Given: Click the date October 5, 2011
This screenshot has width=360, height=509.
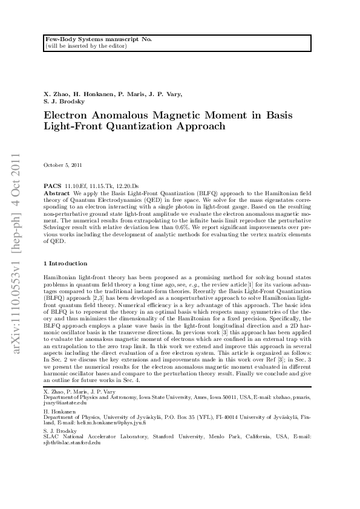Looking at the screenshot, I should tap(63, 165).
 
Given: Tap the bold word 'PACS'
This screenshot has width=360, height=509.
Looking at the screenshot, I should tap(53, 187).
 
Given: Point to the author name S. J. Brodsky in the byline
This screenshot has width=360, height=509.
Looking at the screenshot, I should tap(66, 102).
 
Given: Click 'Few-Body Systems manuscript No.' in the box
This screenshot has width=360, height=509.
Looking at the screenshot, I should tap(99, 39).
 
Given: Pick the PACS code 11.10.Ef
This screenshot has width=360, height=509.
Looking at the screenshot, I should tap(76, 187).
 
